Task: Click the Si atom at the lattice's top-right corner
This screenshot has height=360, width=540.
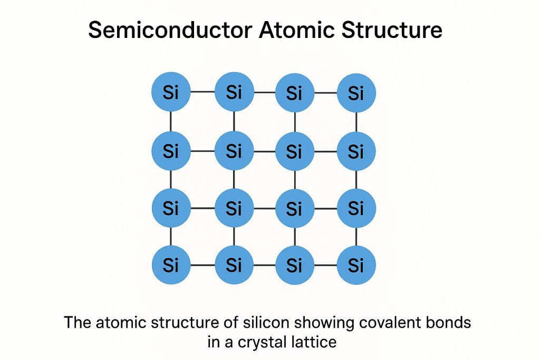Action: (356, 93)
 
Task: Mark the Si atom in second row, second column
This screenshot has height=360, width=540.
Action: (234, 151)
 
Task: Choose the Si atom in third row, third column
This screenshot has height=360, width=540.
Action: (294, 208)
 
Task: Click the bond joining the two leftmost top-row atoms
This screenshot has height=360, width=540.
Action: (202, 92)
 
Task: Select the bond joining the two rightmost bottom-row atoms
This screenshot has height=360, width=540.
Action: (325, 265)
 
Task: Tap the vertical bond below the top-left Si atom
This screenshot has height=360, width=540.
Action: (171, 122)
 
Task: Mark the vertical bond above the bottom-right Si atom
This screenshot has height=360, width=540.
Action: (356, 237)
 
